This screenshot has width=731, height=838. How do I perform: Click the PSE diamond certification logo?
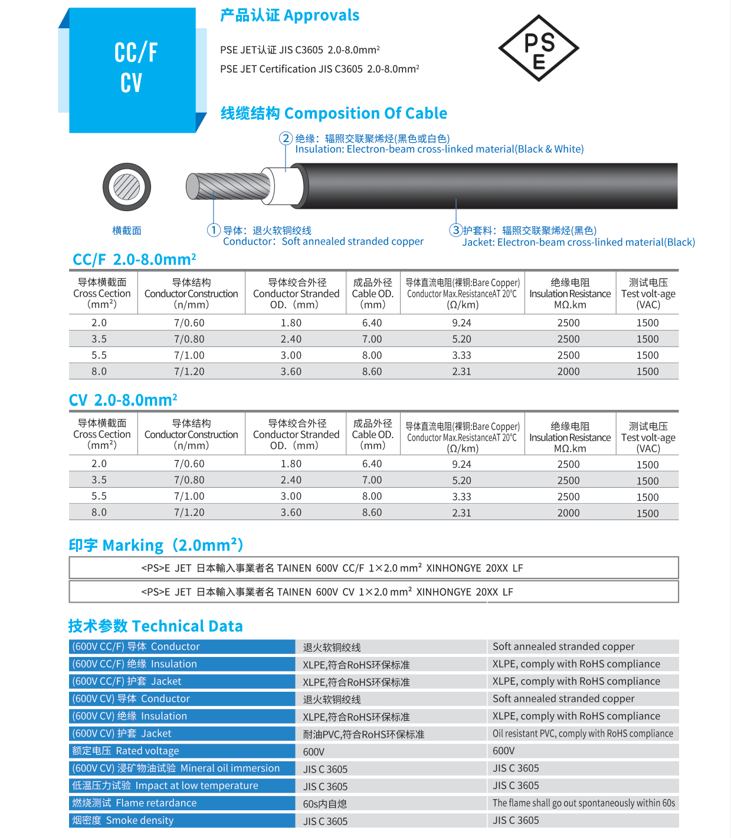point(539,48)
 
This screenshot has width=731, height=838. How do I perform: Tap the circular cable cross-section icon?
point(127,187)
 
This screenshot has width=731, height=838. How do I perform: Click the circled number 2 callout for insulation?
point(286,139)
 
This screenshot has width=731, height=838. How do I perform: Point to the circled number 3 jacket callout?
point(455,230)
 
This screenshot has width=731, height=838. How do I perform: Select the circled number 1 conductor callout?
point(214,230)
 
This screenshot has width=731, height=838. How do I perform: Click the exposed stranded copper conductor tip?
point(227,187)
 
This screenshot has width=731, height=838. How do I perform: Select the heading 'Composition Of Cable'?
point(334,113)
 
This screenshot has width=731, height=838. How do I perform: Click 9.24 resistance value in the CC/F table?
point(461,323)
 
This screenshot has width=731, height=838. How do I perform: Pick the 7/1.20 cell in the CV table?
point(189,512)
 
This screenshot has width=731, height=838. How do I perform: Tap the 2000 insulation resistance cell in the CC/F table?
point(568,372)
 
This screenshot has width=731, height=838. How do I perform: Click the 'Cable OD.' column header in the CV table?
point(372,434)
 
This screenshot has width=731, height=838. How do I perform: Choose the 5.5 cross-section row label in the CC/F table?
point(99,355)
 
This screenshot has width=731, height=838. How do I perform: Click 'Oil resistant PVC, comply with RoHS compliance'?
point(583,734)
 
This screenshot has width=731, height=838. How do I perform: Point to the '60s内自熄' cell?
point(325,804)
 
